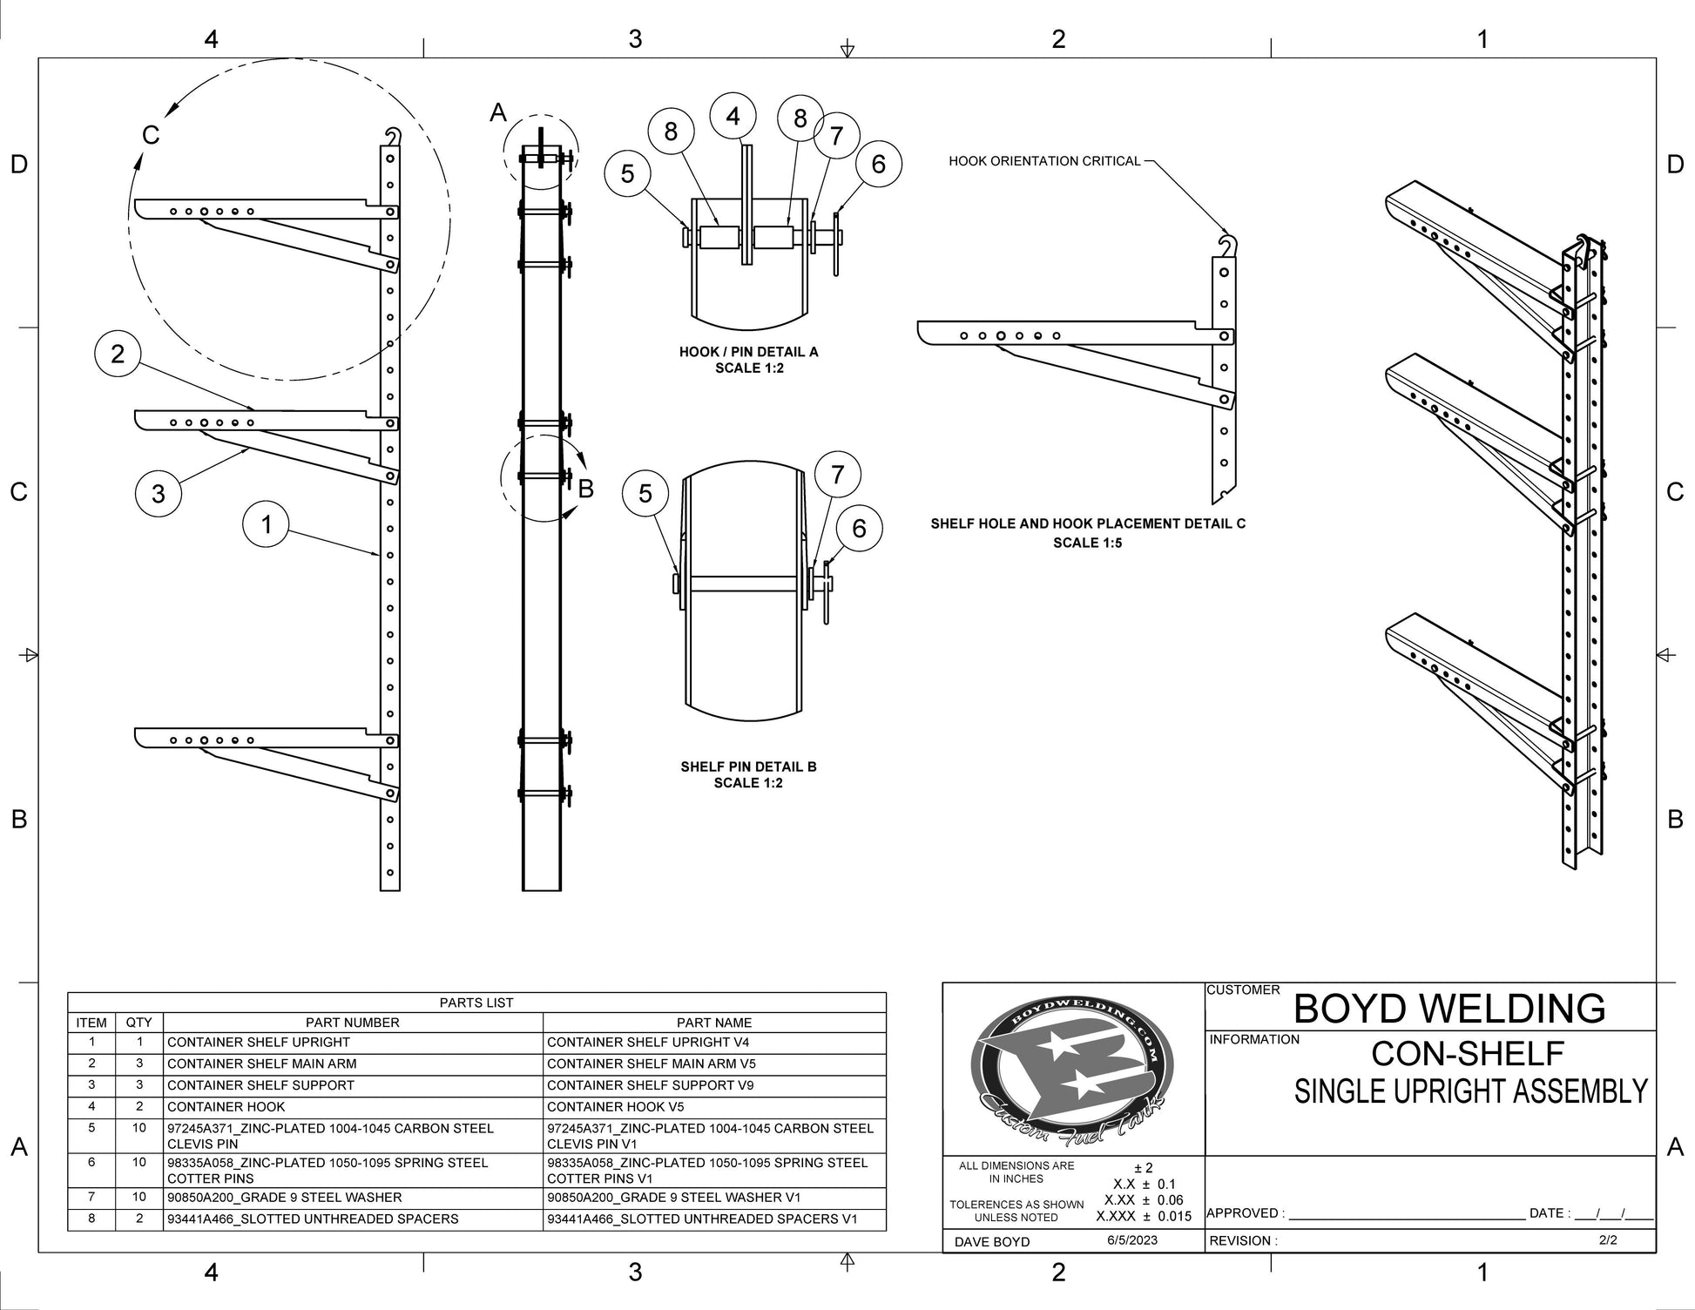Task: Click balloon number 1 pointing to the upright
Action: click(267, 524)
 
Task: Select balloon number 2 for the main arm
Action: click(118, 353)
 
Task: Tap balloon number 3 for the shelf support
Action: click(158, 494)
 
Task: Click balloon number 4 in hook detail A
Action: click(733, 116)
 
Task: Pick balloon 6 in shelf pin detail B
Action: click(859, 528)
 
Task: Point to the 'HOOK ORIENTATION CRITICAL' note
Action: click(1044, 161)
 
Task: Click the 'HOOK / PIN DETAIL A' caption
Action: click(748, 352)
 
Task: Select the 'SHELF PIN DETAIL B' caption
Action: click(748, 766)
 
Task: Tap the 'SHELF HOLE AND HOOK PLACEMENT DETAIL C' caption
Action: click(1088, 523)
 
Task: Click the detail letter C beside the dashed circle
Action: click(151, 135)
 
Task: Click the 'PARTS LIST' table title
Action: click(476, 1003)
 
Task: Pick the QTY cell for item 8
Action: click(139, 1219)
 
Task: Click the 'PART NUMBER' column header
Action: click(353, 1023)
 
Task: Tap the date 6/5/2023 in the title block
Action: click(1132, 1239)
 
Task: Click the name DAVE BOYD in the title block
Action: click(992, 1241)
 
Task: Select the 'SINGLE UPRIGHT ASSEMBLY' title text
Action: click(1470, 1091)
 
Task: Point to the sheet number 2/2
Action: click(1608, 1239)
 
